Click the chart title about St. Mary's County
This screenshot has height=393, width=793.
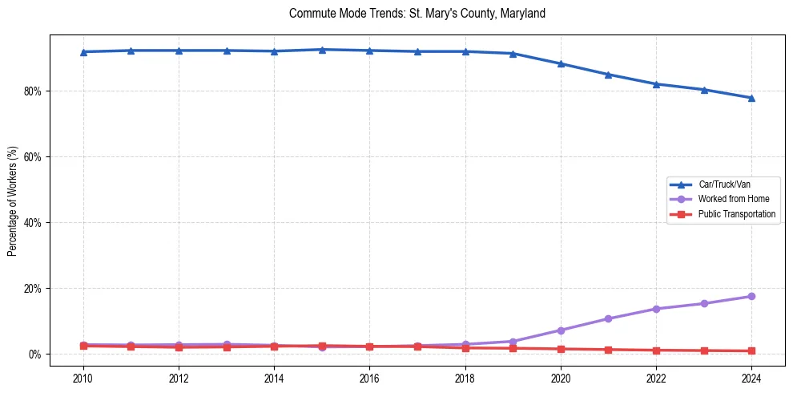417,14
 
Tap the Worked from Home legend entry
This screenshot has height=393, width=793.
730,199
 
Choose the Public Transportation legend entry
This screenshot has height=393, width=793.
736,214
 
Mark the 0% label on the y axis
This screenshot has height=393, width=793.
34,355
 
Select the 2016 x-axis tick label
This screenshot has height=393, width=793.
369,378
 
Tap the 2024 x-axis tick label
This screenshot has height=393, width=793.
751,378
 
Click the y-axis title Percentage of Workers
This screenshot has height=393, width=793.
13,201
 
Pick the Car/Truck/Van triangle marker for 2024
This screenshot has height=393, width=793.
751,98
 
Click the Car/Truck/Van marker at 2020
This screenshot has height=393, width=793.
561,63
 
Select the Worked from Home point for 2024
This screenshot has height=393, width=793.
751,297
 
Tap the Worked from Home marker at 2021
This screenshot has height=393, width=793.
608,319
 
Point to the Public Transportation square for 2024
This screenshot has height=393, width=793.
751,351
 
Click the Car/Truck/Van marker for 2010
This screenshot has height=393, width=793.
83,51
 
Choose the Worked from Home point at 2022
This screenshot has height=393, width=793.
656,309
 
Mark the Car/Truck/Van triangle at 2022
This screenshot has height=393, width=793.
656,83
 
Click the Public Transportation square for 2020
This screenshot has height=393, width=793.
561,349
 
